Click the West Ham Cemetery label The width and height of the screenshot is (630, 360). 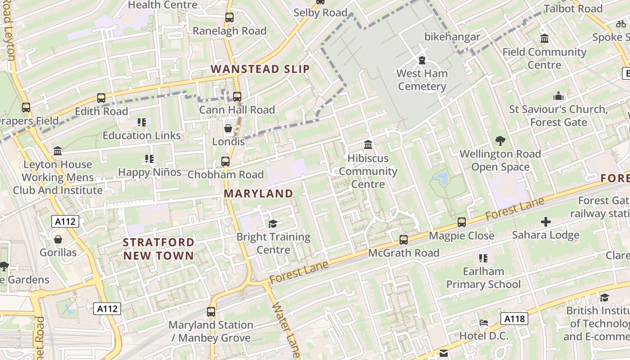tap(422, 80)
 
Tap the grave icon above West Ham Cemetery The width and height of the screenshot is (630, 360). tap(422, 60)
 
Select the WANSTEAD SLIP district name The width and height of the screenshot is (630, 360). tap(260, 69)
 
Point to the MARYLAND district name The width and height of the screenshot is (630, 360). tap(258, 193)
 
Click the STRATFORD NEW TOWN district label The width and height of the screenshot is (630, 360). tap(158, 249)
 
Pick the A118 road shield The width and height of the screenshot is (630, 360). tap(514, 319)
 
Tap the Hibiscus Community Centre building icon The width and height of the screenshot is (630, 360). tap(368, 145)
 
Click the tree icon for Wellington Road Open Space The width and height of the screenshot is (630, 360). tap(500, 141)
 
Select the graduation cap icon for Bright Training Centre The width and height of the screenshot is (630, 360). tap(273, 224)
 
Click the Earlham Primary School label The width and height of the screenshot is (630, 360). tap(483, 278)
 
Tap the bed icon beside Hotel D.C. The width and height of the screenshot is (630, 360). tap(483, 323)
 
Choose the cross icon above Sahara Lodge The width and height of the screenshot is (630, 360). tap(545, 222)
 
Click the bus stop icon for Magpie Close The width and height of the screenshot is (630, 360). tap(462, 222)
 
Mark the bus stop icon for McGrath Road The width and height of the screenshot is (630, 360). tap(404, 239)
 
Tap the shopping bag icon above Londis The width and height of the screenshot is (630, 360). tap(228, 128)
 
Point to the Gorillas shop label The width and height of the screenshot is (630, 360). tap(58, 252)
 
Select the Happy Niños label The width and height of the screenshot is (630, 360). tap(149, 172)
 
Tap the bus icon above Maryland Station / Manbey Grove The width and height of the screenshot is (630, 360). tap(211, 311)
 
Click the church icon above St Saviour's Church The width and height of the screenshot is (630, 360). tap(558, 96)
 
